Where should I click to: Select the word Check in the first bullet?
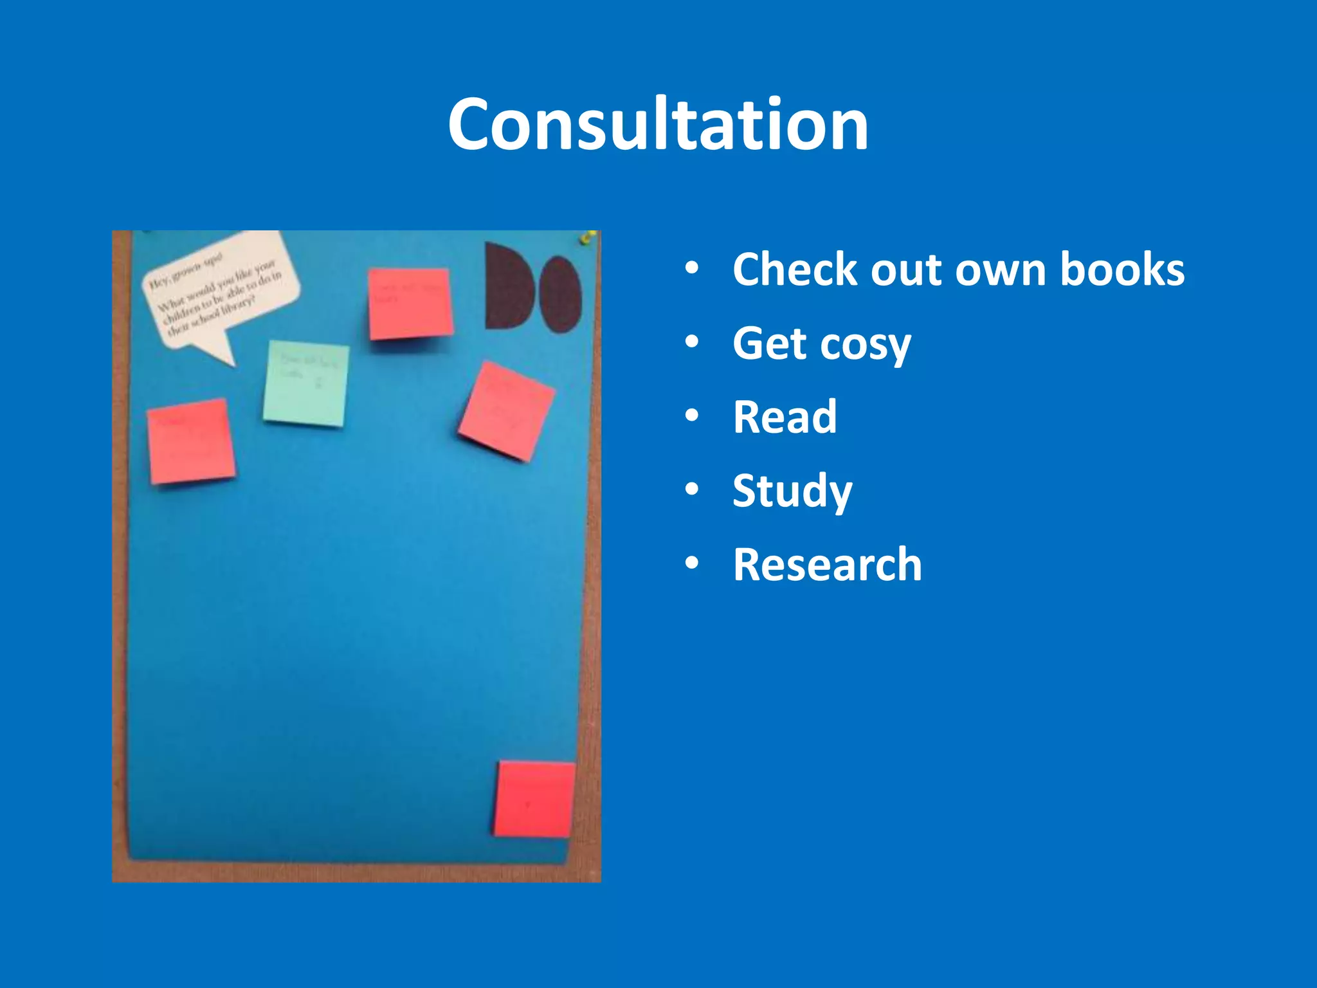(795, 270)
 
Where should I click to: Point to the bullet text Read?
(785, 417)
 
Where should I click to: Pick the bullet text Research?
(827, 565)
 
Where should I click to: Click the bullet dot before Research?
(691, 563)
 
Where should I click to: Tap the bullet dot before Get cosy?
(691, 342)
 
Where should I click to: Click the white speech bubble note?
(219, 289)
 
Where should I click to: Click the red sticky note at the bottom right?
(534, 800)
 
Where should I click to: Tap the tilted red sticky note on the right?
(507, 412)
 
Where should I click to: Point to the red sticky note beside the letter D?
(410, 303)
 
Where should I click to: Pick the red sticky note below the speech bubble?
(191, 441)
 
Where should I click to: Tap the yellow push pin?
(586, 239)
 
